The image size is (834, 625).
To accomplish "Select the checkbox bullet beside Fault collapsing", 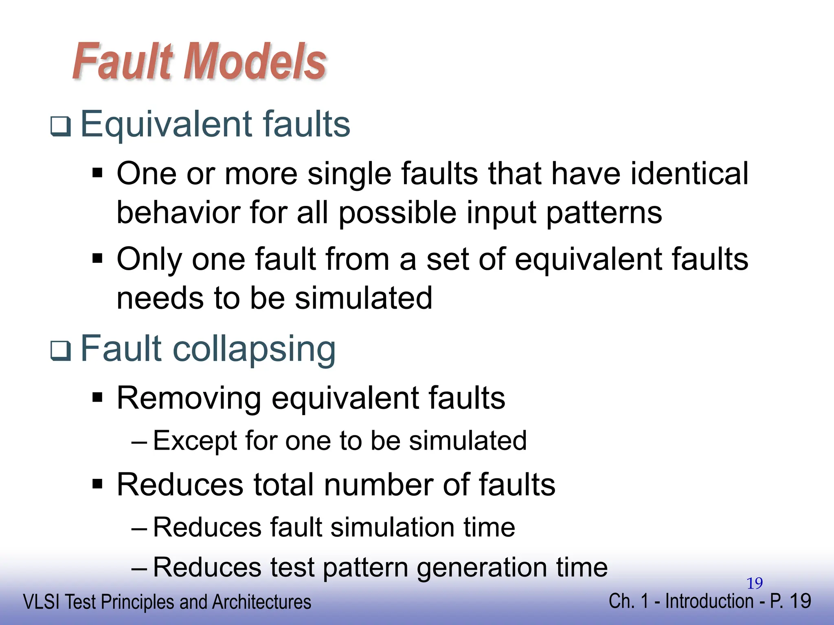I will click(61, 351).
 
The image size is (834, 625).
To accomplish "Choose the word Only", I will click(149, 260).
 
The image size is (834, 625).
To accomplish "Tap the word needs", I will click(160, 298).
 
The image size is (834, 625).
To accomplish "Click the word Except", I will click(195, 441).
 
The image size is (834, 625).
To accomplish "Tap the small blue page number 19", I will click(755, 583).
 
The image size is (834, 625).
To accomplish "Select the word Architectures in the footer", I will click(261, 602).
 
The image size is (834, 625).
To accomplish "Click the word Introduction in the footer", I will click(709, 601).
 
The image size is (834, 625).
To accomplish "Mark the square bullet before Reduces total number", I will click(97, 484).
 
